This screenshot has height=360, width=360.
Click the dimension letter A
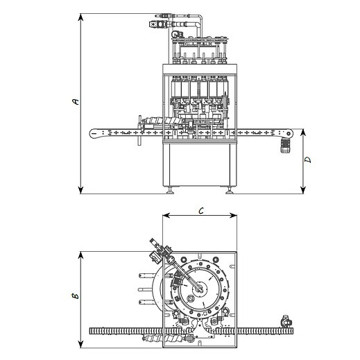[x=76, y=101]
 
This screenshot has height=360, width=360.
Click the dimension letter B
[x=75, y=295]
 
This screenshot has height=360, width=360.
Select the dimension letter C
[x=201, y=210]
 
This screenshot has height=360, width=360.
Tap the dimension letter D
[x=308, y=160]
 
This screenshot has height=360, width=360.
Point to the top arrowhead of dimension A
[x=80, y=17]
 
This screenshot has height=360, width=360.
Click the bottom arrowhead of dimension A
[x=80, y=190]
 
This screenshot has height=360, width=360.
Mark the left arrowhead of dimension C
[x=166, y=216]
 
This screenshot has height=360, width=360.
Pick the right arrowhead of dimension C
[x=233, y=216]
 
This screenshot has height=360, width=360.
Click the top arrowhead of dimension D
[x=303, y=132]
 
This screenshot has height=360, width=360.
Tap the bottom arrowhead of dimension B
[x=80, y=344]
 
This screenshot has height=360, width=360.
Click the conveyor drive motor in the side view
[x=285, y=146]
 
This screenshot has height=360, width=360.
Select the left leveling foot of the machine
[x=171, y=191]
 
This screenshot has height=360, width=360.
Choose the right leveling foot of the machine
[x=230, y=191]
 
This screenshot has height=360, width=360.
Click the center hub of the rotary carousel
[x=199, y=289]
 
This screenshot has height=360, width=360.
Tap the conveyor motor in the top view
[x=286, y=321]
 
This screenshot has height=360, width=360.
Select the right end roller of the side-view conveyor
[x=289, y=133]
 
